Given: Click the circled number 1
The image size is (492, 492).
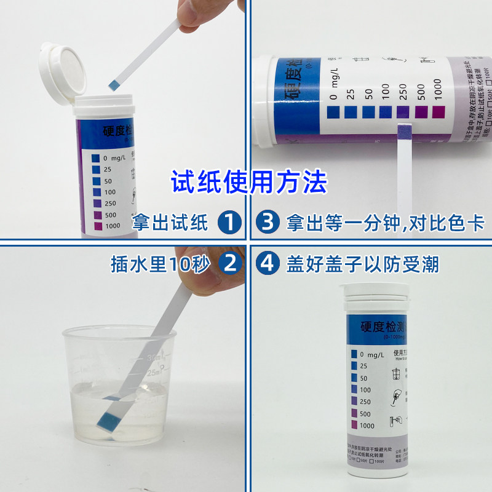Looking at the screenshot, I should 229,222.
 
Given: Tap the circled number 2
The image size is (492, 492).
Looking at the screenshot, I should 229,264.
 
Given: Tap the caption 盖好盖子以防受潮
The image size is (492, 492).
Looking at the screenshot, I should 363,264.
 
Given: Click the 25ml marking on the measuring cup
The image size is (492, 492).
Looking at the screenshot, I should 152,372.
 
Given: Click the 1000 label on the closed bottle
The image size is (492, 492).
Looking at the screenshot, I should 367,426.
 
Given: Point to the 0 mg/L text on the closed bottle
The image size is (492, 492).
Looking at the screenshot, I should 371,354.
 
